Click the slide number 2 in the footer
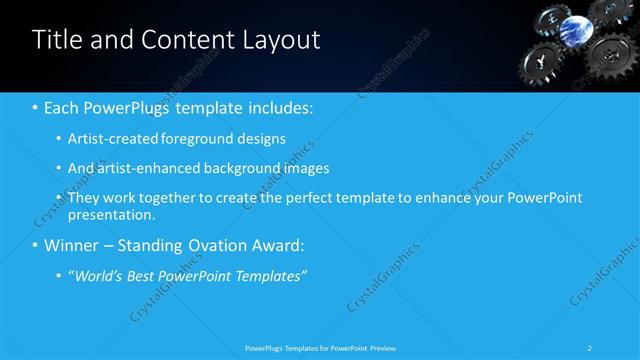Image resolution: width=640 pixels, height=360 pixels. tap(591, 348)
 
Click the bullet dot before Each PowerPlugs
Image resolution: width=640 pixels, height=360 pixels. tap(35, 107)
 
